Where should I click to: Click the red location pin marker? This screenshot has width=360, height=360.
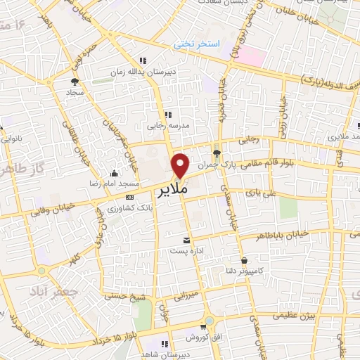(181, 166)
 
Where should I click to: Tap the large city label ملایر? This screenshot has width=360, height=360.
(173, 190)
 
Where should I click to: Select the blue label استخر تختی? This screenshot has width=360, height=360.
(198, 44)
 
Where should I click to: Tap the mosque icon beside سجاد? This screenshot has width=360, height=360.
(73, 81)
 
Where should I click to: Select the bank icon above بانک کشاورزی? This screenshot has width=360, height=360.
(129, 196)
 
